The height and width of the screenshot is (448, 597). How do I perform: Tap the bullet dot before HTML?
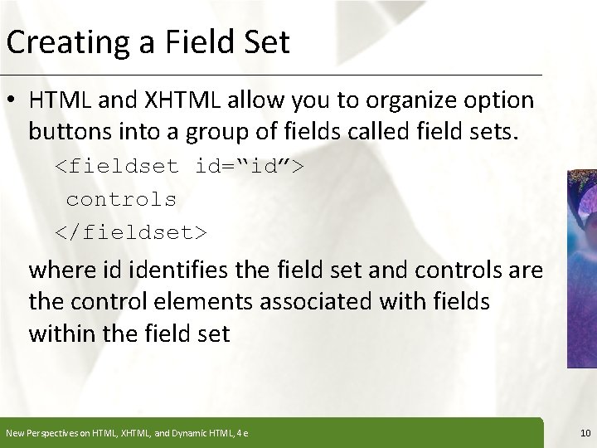click(15, 100)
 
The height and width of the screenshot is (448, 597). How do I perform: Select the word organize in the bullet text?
click(391, 100)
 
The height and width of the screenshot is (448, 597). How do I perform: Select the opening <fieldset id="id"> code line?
click(179, 165)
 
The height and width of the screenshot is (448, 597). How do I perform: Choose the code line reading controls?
click(121, 199)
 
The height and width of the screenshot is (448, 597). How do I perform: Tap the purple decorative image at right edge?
click(583, 265)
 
